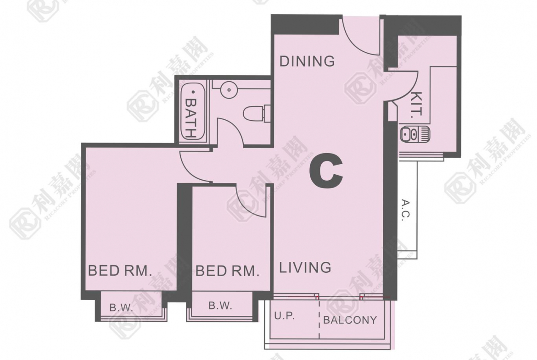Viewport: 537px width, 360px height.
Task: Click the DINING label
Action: pos(307,61)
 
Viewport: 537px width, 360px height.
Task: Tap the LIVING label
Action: pos(305,267)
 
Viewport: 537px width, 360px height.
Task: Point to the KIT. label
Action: pos(417,105)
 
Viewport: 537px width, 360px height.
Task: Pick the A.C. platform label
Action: pos(405,210)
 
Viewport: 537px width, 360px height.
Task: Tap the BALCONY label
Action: pos(350,320)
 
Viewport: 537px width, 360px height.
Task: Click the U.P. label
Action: pos(285,316)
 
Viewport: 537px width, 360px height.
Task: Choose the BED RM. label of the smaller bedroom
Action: pos(227,271)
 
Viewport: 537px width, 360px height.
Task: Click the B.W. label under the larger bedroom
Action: pos(121,307)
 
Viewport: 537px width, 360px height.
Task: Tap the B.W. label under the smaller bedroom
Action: pos(220,305)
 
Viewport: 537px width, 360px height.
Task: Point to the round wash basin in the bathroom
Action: pos(229,90)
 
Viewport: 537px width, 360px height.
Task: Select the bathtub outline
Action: pos(192,112)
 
